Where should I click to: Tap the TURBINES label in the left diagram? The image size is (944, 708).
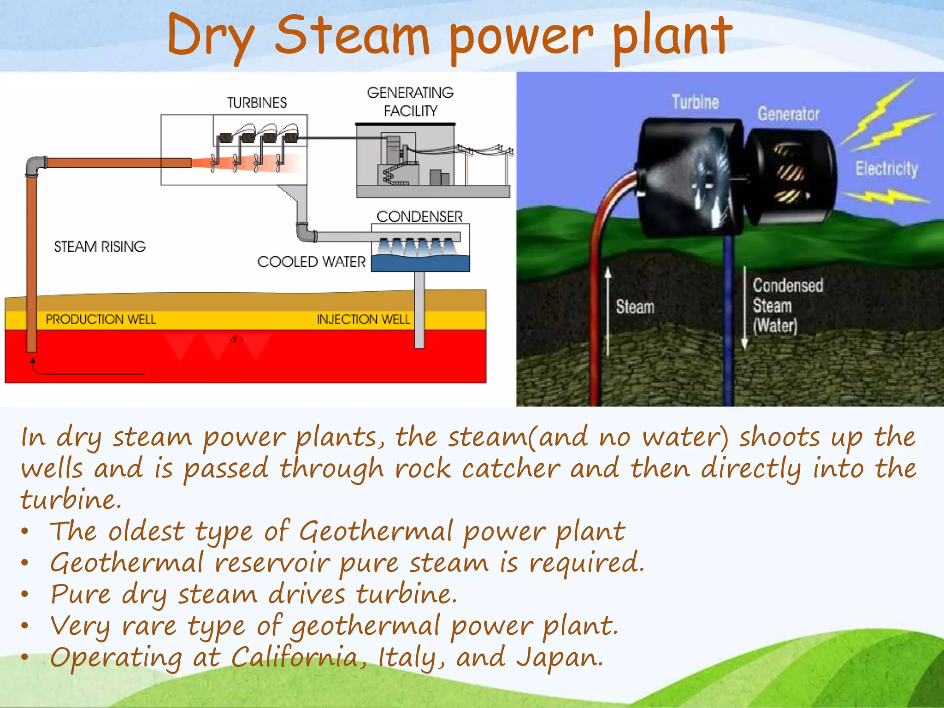tap(257, 102)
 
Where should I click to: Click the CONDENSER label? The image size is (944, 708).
tap(419, 216)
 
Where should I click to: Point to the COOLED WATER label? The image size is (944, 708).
tap(311, 261)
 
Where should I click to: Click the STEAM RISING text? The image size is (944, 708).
tap(100, 247)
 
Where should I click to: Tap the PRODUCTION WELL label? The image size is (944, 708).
tap(100, 319)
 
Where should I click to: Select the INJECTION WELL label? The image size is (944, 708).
tap(363, 319)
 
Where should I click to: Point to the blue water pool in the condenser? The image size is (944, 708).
tap(420, 264)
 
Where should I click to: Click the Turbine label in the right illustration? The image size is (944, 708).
tap(695, 102)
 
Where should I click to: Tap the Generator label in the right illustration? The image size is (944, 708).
tap(788, 114)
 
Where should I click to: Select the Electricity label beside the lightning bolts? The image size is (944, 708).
tap(886, 169)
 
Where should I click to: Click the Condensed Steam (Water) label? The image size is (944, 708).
tap(787, 305)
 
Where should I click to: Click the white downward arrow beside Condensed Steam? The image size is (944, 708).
tap(744, 309)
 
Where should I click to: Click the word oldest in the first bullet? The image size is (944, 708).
tap(146, 531)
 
